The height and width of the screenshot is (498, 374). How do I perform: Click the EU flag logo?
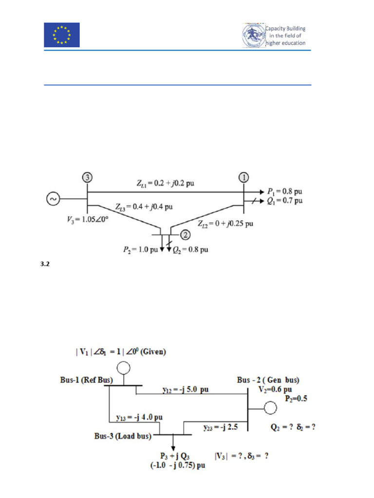pos(62,35)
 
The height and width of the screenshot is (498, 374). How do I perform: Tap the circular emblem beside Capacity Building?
pos(254,36)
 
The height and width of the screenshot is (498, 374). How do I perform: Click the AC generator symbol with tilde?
pos(52,198)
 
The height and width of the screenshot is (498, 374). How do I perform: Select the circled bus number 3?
pos(87,177)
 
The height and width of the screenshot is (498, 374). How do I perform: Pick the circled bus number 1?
pos(243,177)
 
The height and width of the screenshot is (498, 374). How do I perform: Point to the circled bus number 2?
pos(186,235)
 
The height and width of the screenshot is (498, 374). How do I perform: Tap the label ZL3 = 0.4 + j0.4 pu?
pos(144,207)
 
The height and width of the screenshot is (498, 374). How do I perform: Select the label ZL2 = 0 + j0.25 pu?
pos(225,224)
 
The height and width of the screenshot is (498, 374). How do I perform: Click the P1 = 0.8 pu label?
pos(284,191)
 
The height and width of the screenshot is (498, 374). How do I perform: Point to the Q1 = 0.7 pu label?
pos(284,200)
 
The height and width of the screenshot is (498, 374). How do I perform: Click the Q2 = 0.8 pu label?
pos(191,250)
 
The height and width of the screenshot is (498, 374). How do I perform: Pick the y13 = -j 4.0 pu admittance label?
pos(139,417)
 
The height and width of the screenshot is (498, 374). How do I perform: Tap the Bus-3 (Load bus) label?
pos(122,436)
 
